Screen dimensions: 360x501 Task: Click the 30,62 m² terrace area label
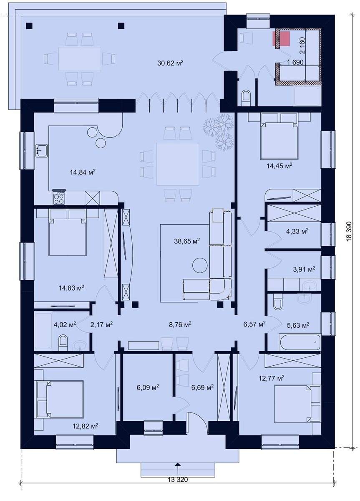pos(170,63)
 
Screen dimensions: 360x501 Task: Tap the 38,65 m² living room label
pos(187,241)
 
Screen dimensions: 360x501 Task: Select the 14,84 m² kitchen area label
pos(83,172)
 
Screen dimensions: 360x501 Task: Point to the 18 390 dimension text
pos(349,231)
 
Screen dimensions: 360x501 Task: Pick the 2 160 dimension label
pos(302,46)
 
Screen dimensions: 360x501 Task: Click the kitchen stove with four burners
pos(59,197)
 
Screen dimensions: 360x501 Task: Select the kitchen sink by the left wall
pos(41,151)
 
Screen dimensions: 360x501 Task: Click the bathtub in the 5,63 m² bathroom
pos(300,342)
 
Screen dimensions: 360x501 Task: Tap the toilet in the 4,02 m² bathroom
pos(63,342)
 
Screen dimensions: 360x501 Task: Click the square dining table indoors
pos(177,164)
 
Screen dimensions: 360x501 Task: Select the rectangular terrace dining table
pos(79,59)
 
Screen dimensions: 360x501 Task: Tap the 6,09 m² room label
pos(148,387)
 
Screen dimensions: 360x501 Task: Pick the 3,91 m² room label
pos(304,269)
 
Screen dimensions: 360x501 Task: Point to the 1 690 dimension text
pos(295,62)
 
